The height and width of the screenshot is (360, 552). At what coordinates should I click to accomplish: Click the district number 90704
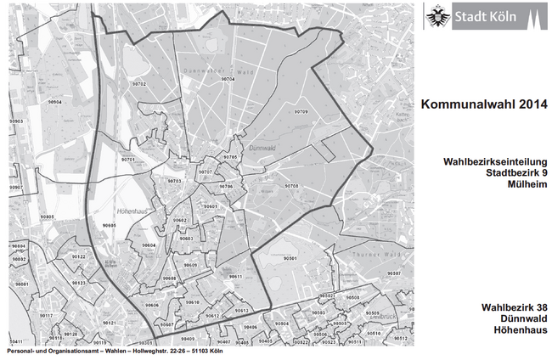[x=228, y=79]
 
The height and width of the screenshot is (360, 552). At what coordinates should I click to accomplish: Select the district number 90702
[x=139, y=85]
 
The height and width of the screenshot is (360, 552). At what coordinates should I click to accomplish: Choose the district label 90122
[x=78, y=256]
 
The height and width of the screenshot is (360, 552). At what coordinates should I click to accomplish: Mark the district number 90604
[x=149, y=245]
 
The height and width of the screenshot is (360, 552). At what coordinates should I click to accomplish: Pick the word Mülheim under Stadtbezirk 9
[x=521, y=185]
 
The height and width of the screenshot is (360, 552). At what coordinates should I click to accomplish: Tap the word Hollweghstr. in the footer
[x=146, y=352]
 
